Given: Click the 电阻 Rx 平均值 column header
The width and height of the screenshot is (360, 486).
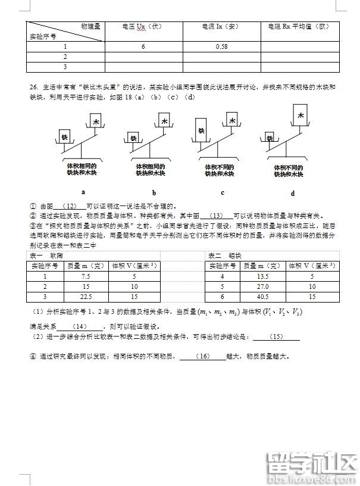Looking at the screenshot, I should [x=298, y=26].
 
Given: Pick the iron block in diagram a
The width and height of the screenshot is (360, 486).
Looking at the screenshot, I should [x=66, y=136].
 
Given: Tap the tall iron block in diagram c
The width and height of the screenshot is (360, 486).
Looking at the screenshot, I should [x=201, y=130].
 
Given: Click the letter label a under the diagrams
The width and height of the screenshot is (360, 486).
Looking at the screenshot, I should [x=83, y=192].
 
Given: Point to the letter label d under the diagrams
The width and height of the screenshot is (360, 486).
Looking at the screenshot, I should [x=293, y=193].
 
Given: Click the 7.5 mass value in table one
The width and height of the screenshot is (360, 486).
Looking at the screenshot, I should [x=86, y=276].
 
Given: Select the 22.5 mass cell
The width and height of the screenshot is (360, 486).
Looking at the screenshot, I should [x=86, y=296].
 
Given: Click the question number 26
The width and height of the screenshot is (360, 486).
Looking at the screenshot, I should [x=33, y=87].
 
